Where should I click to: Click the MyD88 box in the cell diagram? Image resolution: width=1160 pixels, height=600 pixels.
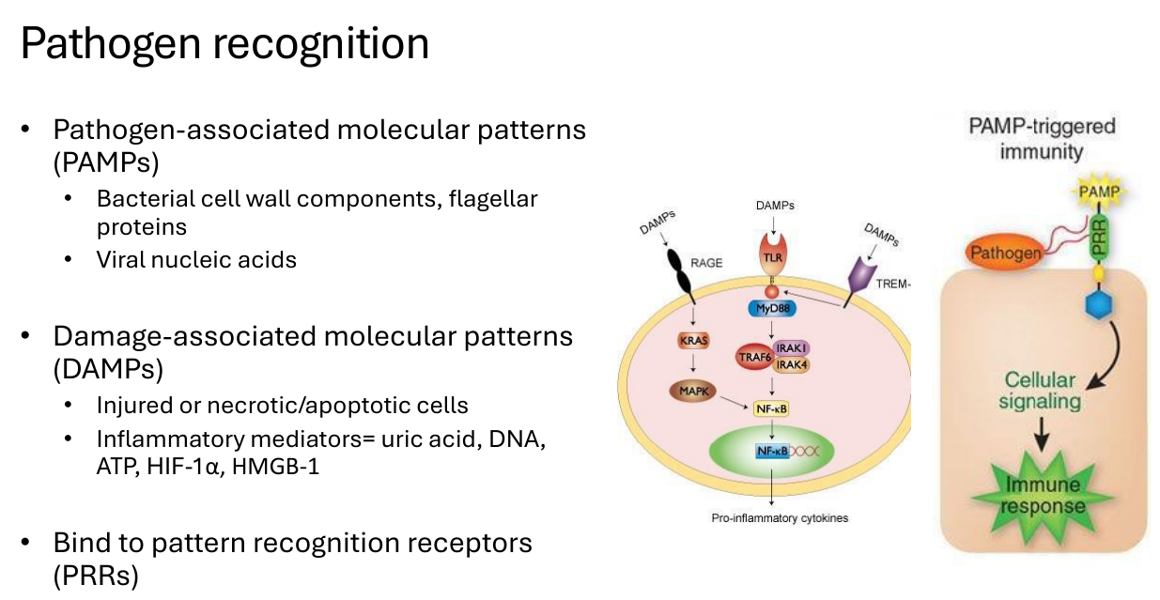tap(772, 309)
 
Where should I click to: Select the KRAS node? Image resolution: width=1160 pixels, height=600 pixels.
tap(693, 341)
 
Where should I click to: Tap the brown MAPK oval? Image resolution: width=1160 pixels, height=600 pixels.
tap(693, 391)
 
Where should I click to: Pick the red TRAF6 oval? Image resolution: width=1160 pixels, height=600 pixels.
tap(754, 357)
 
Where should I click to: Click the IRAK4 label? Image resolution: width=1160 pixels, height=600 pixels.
tap(791, 365)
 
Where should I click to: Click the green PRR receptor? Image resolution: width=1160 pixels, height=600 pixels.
tap(1098, 238)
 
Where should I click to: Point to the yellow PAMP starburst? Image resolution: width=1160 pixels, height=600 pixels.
tap(1098, 192)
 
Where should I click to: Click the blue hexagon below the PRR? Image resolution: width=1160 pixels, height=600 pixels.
tap(1098, 304)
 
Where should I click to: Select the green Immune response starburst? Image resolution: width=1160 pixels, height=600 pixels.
tap(1043, 496)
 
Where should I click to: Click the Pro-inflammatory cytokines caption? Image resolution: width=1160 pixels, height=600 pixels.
tap(780, 518)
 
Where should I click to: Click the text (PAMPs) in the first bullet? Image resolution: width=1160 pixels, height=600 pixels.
tap(106, 162)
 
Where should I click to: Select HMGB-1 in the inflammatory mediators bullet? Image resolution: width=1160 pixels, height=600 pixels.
tap(275, 466)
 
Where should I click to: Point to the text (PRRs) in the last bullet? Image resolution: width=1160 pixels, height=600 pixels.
tap(97, 576)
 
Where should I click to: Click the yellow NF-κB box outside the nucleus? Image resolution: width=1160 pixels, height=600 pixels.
tap(771, 409)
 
